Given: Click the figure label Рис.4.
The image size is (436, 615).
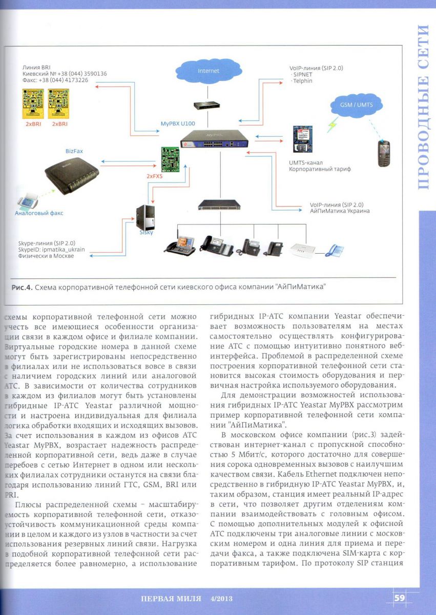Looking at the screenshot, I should click(x=22, y=287).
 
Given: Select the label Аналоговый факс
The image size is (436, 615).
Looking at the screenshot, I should click(x=38, y=213).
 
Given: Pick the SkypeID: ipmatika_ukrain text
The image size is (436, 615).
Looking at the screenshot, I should click(x=51, y=249).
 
